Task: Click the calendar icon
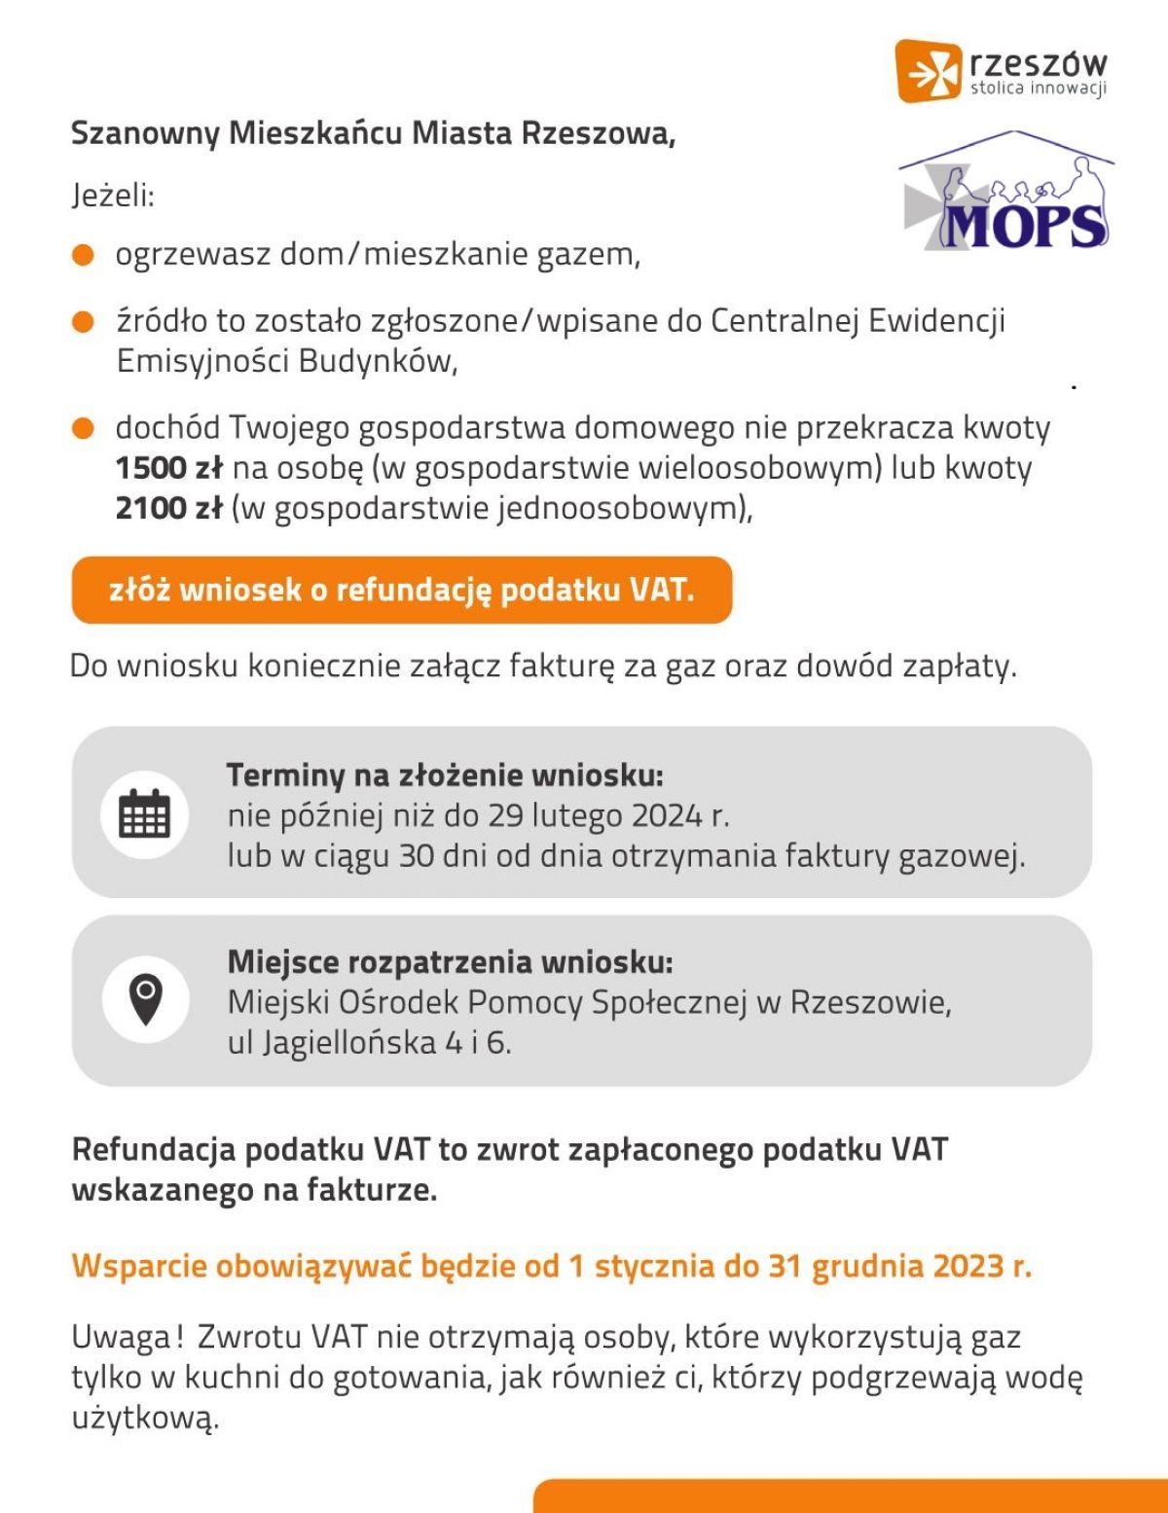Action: click(x=144, y=812)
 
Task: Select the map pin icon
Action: click(x=145, y=1000)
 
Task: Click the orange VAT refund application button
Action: click(x=401, y=590)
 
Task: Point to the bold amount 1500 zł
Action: click(x=169, y=468)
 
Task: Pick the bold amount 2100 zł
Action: click(x=169, y=508)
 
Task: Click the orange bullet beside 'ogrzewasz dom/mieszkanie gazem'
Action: click(x=84, y=255)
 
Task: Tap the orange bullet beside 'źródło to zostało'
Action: click(x=84, y=321)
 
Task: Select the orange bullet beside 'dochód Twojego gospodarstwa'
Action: click(x=84, y=428)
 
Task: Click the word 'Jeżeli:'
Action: click(x=113, y=196)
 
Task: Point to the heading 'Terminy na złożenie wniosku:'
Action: click(x=445, y=775)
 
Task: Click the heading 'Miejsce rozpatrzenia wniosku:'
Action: click(x=450, y=961)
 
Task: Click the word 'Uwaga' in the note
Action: click(x=121, y=1338)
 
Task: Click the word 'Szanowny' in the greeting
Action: click(x=145, y=133)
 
